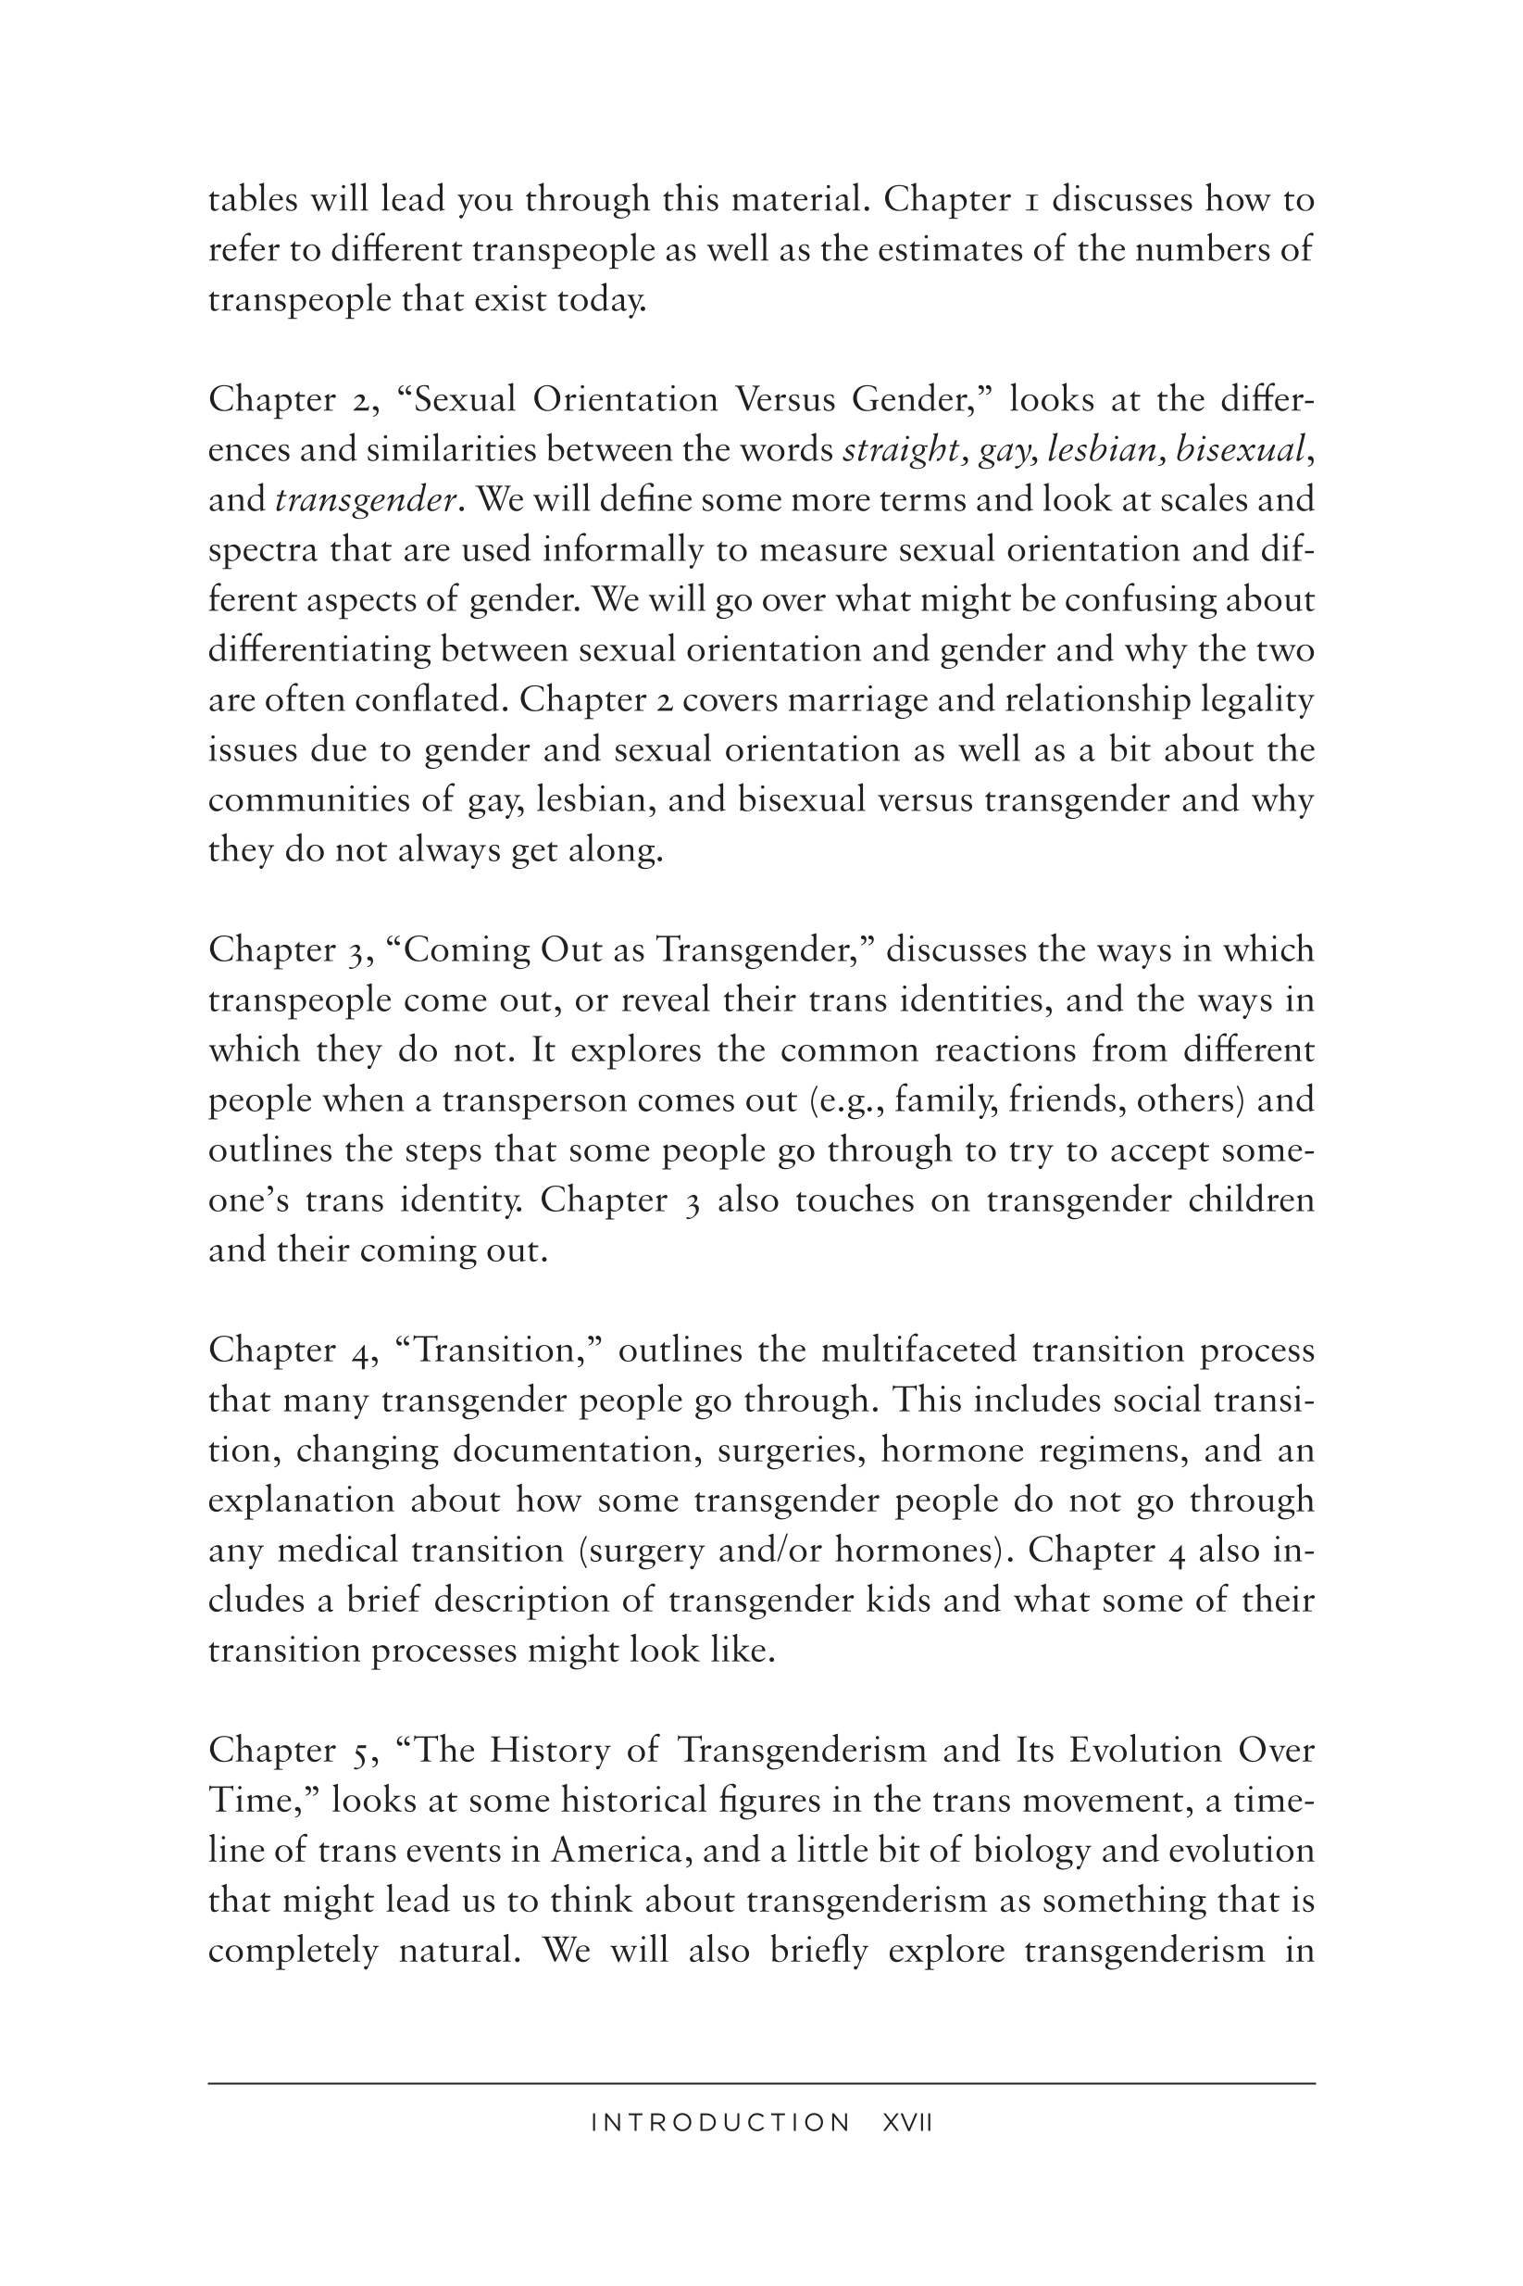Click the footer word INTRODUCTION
[x=720, y=2123]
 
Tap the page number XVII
[x=907, y=2123]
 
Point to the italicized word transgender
[x=367, y=500]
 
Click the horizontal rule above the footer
[x=761, y=2083]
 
